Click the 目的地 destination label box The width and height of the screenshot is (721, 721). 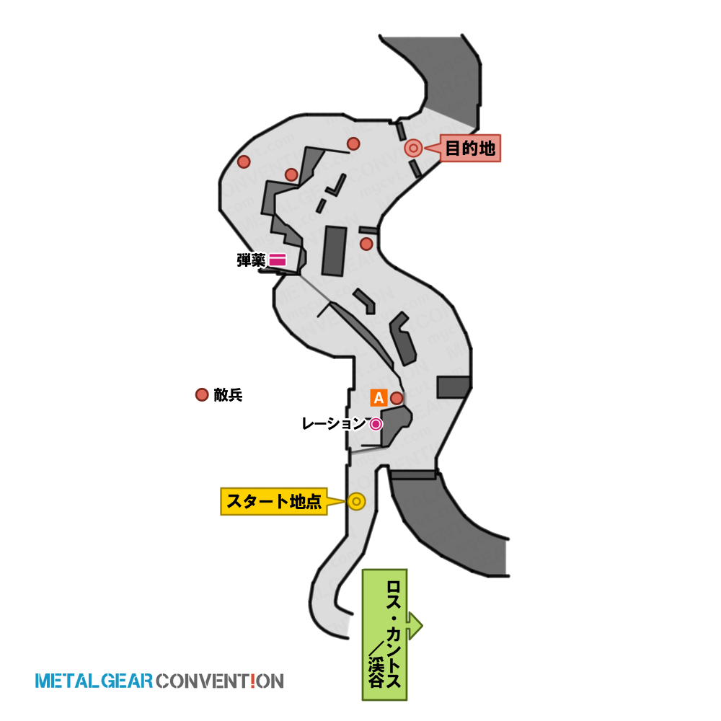[470, 148]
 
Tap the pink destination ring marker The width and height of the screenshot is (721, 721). [413, 148]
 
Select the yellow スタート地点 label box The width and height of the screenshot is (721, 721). [274, 501]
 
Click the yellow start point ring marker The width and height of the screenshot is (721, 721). [356, 501]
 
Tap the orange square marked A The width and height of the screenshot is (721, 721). [379, 398]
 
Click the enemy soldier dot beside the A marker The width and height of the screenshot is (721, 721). [397, 398]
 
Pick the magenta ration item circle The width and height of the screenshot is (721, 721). [376, 424]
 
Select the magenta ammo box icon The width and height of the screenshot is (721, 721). [278, 260]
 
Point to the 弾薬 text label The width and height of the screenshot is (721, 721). [251, 260]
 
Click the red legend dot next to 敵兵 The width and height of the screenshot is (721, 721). [202, 394]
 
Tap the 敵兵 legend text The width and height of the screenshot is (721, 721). [228, 395]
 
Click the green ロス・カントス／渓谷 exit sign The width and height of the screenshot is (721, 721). [384, 634]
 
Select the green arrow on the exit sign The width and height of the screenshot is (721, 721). [415, 626]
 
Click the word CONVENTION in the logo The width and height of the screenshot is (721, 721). [220, 681]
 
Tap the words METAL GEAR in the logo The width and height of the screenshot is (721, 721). [94, 681]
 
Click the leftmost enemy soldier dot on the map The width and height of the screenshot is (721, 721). [244, 162]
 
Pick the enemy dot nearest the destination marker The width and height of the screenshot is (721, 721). [353, 144]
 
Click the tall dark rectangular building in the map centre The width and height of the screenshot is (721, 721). [335, 251]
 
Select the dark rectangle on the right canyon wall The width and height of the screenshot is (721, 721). [454, 387]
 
